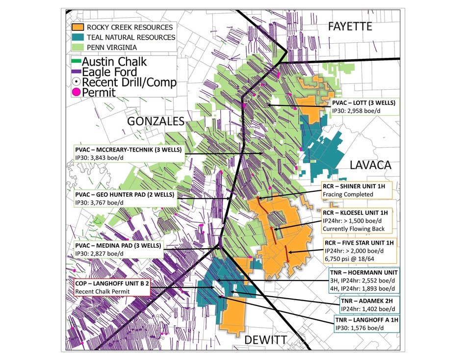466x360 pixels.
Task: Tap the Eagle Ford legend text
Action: click(108, 72)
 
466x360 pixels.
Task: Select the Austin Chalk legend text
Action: click(114, 62)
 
